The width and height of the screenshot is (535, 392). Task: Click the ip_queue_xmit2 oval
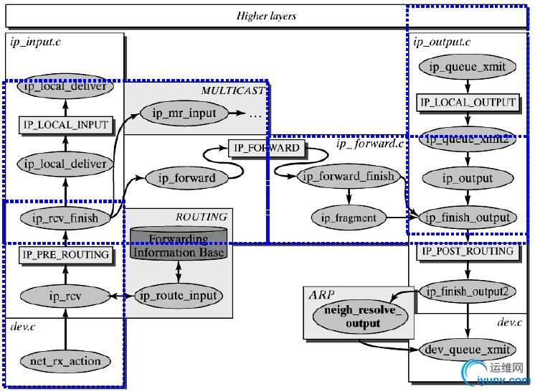467,139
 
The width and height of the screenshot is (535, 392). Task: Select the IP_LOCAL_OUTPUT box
467,103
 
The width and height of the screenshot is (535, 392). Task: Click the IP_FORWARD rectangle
265,149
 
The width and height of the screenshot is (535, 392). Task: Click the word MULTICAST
232,90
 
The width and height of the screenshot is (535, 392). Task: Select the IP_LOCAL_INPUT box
65,125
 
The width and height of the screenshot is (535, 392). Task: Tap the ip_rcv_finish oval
65,217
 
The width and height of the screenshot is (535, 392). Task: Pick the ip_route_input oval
178,295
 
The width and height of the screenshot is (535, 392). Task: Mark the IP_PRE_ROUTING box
65,254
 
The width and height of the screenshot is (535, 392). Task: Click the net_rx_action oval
65,360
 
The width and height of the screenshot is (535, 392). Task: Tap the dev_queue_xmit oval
467,350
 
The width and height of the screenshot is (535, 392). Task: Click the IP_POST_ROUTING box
467,251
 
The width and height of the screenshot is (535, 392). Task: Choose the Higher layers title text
267,15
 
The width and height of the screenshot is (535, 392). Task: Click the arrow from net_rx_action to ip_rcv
65,327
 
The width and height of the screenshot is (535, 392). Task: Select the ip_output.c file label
442,42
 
